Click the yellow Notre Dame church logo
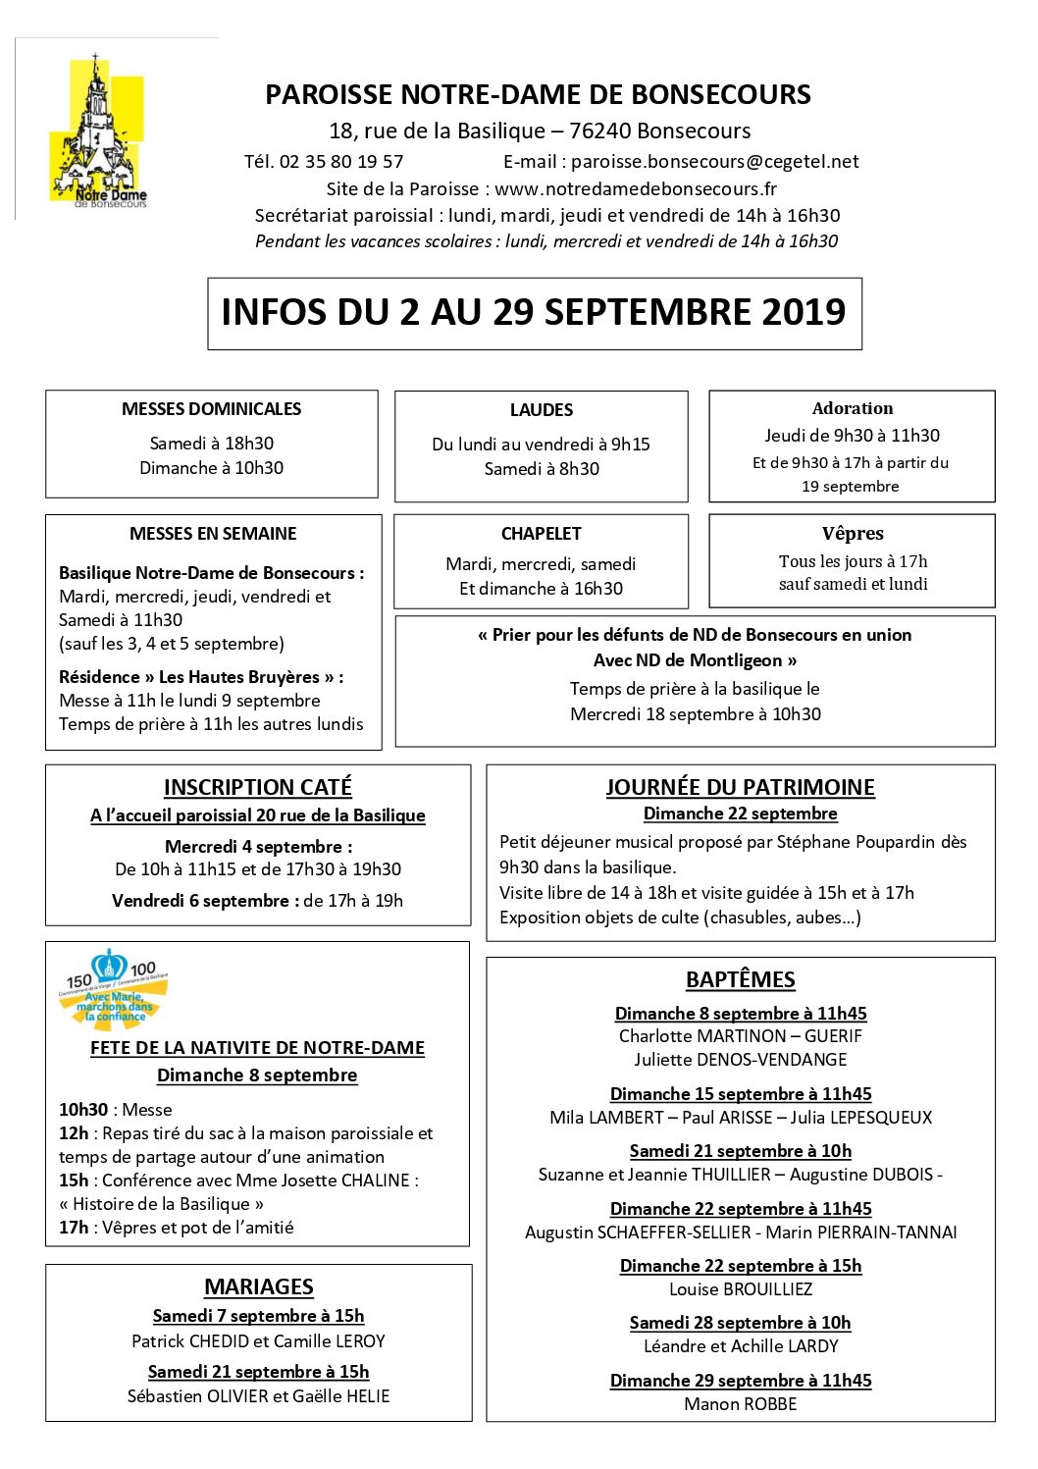[97, 133]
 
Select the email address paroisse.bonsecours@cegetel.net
[714, 162]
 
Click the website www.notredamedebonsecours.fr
[635, 188]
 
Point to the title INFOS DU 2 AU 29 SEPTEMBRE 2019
[534, 312]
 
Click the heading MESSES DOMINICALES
[211, 409]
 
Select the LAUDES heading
[541, 410]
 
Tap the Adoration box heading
[852, 408]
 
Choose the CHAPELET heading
[541, 534]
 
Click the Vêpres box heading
[852, 534]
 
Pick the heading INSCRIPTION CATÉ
[257, 787]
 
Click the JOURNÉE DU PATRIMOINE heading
[740, 787]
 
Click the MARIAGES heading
[258, 1286]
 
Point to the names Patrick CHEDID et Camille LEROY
[258, 1341]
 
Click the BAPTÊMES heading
[740, 979]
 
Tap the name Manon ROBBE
[740, 1404]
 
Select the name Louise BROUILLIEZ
[740, 1289]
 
